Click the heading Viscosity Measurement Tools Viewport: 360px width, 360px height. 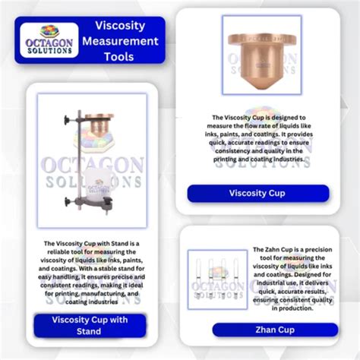125,41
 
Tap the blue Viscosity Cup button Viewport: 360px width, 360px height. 257,193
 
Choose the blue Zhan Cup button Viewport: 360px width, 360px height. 274,329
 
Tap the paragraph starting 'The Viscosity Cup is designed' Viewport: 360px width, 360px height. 258,138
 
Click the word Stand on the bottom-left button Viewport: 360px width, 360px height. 89,332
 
